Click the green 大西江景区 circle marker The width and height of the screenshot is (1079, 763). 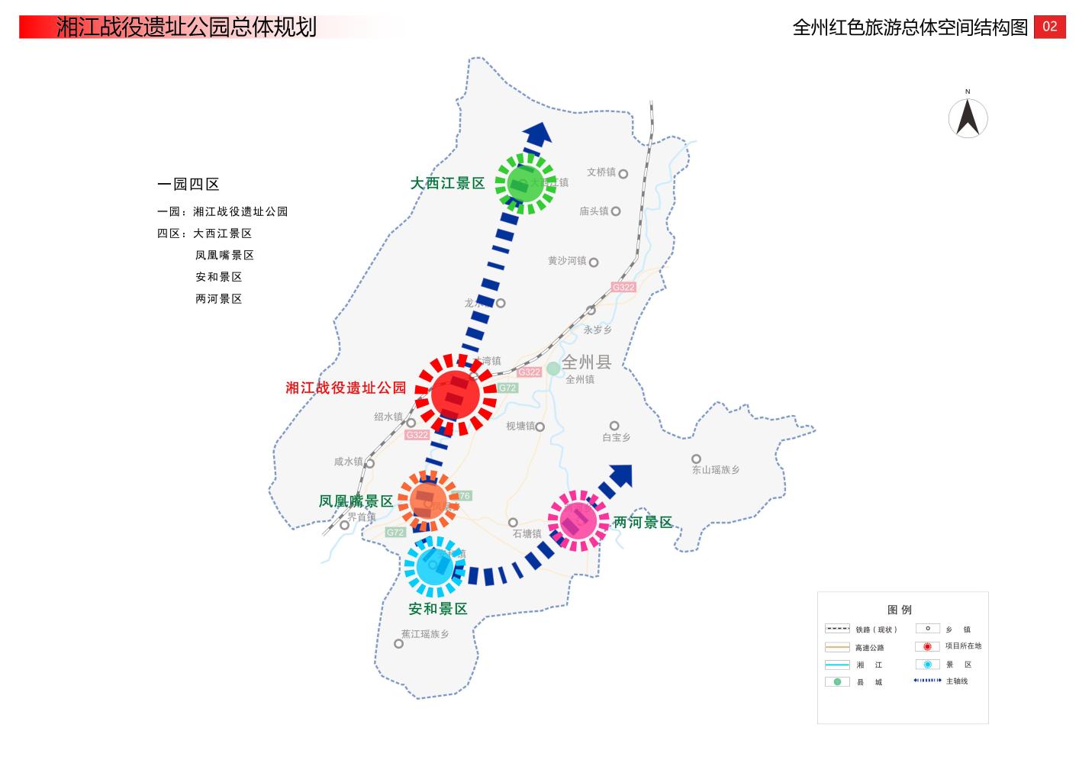[526, 182]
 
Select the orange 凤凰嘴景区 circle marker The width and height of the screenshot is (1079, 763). [428, 501]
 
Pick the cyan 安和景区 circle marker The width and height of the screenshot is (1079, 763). [434, 566]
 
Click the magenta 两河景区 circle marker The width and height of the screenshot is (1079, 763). [578, 520]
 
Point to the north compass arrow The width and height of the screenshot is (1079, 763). [968, 118]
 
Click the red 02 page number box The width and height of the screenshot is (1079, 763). [1049, 27]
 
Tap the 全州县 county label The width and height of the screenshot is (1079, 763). [586, 362]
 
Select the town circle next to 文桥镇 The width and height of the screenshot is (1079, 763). [623, 174]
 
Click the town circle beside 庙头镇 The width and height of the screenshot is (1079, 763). [616, 211]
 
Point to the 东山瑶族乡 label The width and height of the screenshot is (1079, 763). [716, 470]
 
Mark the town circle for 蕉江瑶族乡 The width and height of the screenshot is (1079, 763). [398, 644]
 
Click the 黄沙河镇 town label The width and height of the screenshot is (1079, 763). [567, 261]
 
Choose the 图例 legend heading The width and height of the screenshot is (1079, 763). [900, 610]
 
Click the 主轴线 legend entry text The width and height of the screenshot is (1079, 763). [957, 681]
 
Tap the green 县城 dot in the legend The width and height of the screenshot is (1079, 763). [837, 681]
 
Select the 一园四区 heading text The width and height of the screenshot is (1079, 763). [188, 184]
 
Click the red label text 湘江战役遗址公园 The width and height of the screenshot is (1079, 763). [346, 388]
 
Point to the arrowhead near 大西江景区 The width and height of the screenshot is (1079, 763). [539, 133]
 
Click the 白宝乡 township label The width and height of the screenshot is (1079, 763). [617, 438]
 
